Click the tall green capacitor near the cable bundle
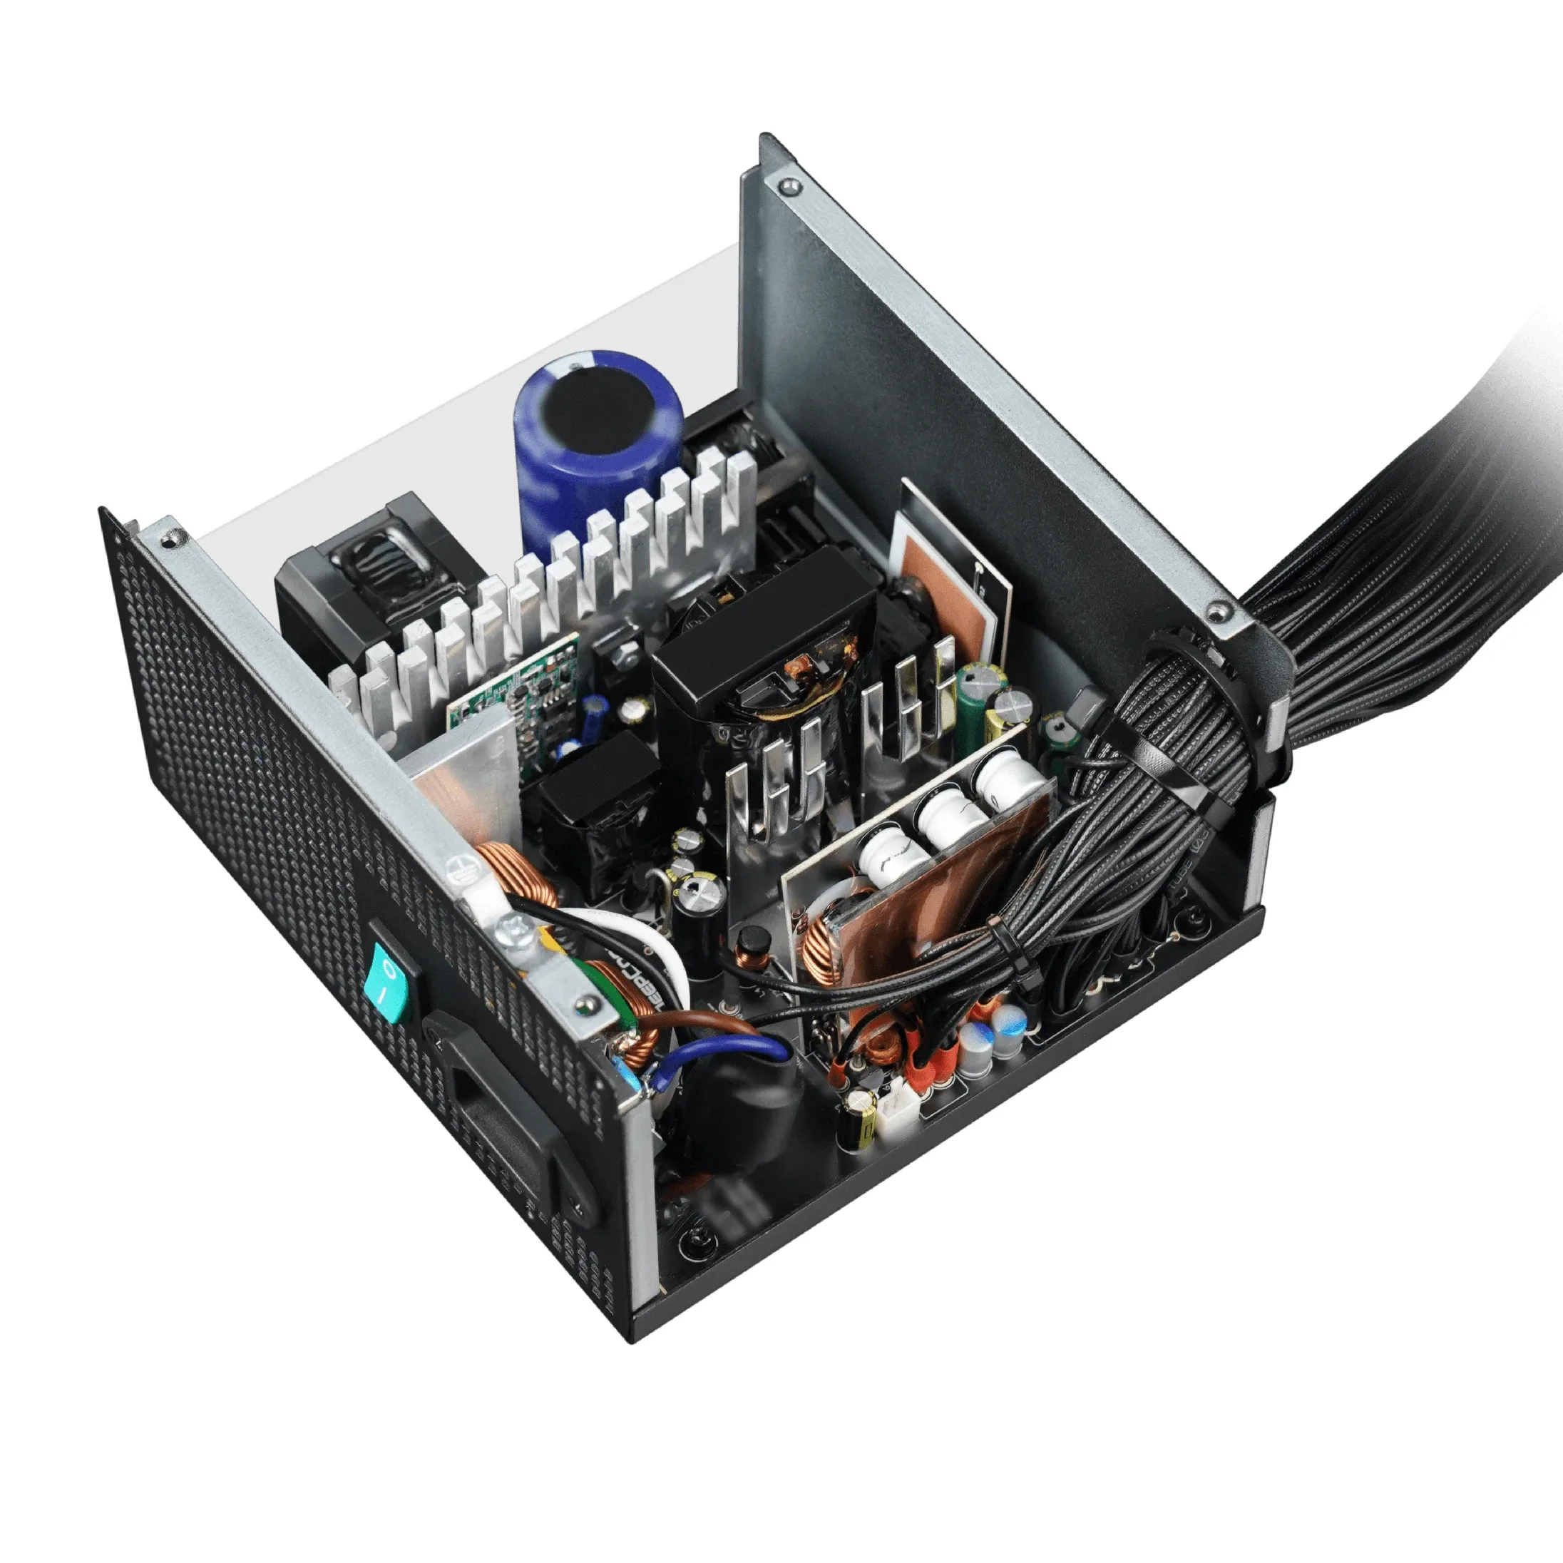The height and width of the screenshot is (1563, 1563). (969, 708)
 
